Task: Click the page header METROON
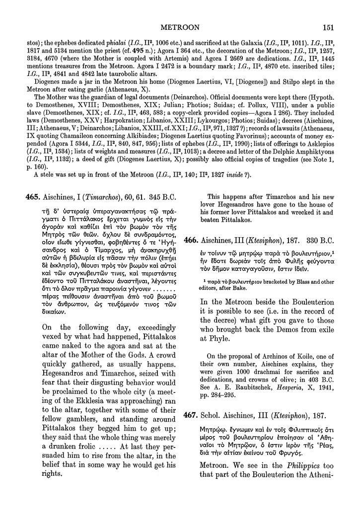(180, 27)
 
